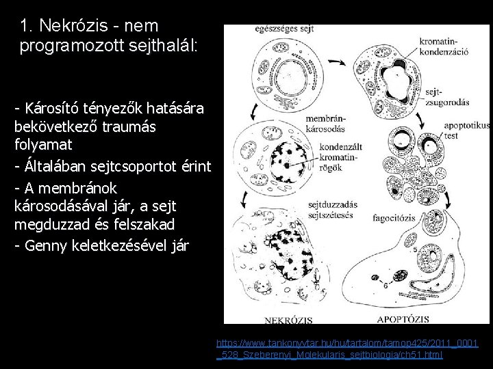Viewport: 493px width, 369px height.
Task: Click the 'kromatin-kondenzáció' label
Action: pyautogui.click(x=445, y=48)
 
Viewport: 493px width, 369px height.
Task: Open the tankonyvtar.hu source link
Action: pyautogui.click(x=347, y=348)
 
